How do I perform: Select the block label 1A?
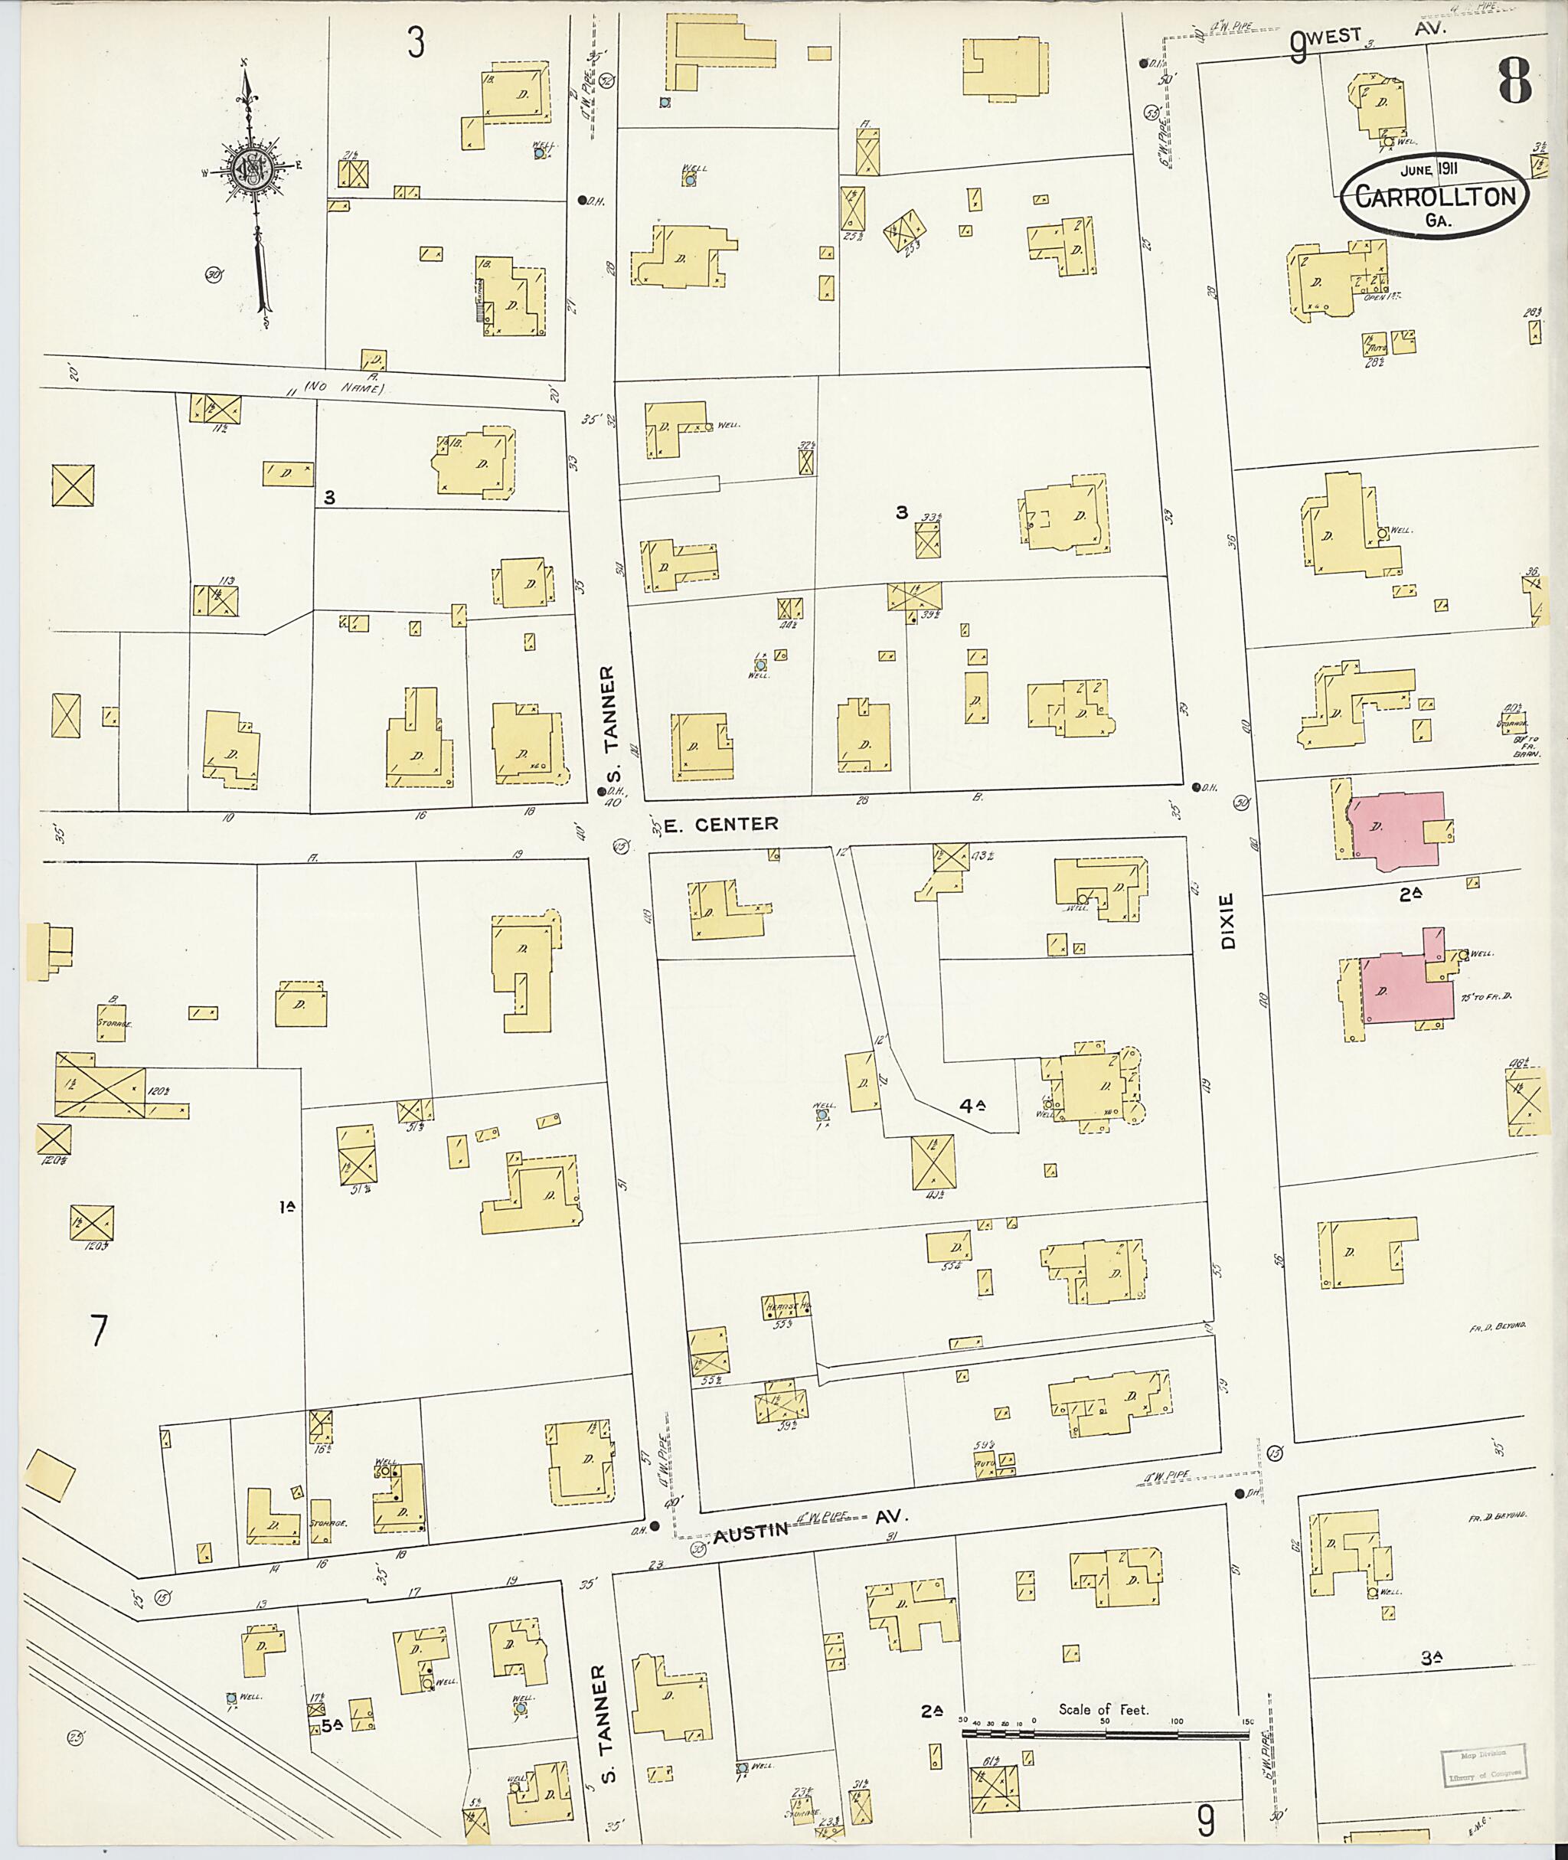[x=286, y=1208]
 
